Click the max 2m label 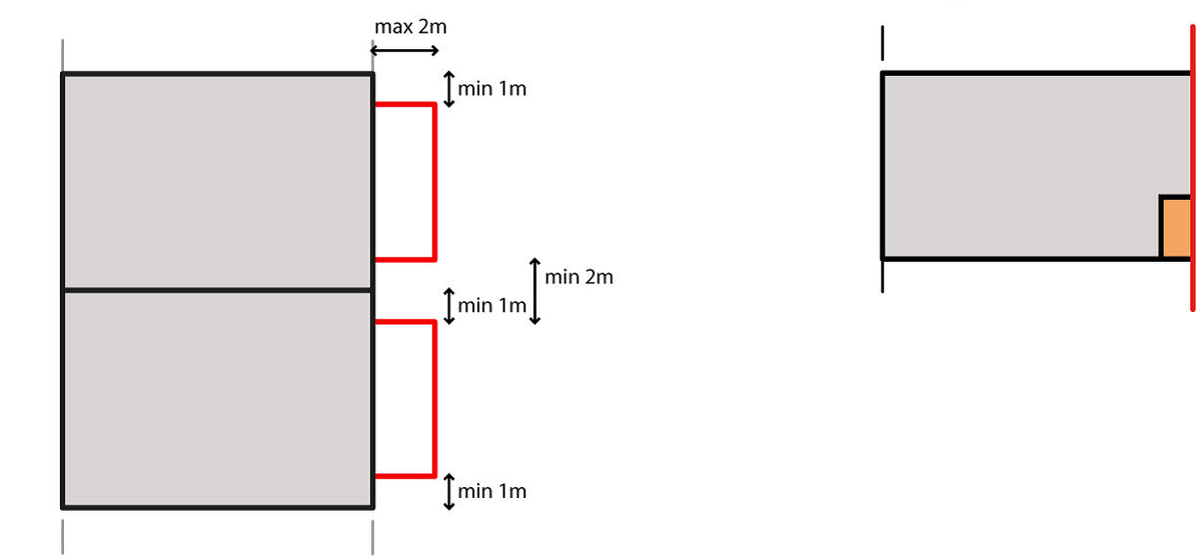tap(410, 27)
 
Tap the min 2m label tap(578, 278)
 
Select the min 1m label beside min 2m tap(492, 305)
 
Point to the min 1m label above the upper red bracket tap(492, 89)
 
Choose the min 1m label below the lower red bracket tap(492, 491)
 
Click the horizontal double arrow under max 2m tap(404, 50)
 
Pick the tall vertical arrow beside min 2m tap(535, 291)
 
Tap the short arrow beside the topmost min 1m tap(449, 89)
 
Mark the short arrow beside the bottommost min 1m tap(449, 491)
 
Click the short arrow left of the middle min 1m tap(449, 305)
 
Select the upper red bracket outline tap(434, 182)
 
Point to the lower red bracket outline tap(434, 399)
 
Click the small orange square tap(1176, 227)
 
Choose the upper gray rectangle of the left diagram tap(217, 181)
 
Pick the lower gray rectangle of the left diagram tap(217, 399)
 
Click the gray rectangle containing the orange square tap(1023, 162)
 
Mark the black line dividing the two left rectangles tap(217, 290)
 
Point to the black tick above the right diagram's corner tap(883, 44)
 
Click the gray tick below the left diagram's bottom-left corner tap(63, 536)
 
